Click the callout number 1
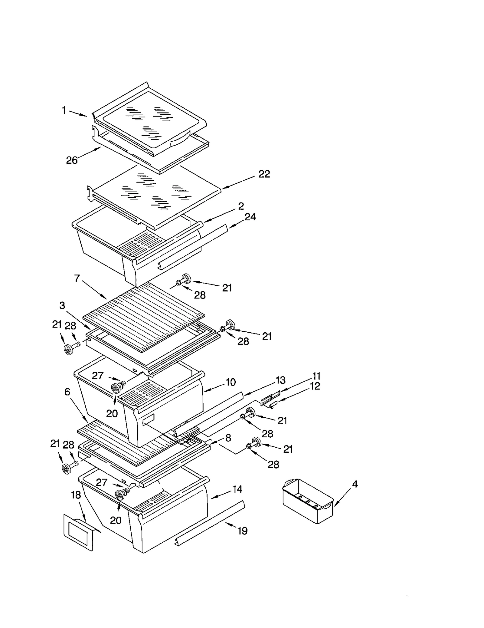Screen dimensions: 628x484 pos(64,111)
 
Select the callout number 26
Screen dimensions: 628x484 pos(72,160)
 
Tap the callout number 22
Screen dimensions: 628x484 pos(264,174)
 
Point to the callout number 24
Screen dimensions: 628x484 pos(250,217)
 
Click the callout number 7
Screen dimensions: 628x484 pos(77,278)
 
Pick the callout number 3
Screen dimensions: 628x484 pos(62,306)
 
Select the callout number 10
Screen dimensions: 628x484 pos(231,382)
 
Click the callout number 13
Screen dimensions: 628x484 pos(280,380)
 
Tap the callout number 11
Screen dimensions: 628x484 pos(316,376)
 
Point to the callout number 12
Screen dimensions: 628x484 pos(315,386)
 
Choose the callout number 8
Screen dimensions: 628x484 pos(228,438)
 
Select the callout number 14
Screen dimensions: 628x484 pos(237,489)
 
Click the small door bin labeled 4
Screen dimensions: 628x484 pos(307,501)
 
